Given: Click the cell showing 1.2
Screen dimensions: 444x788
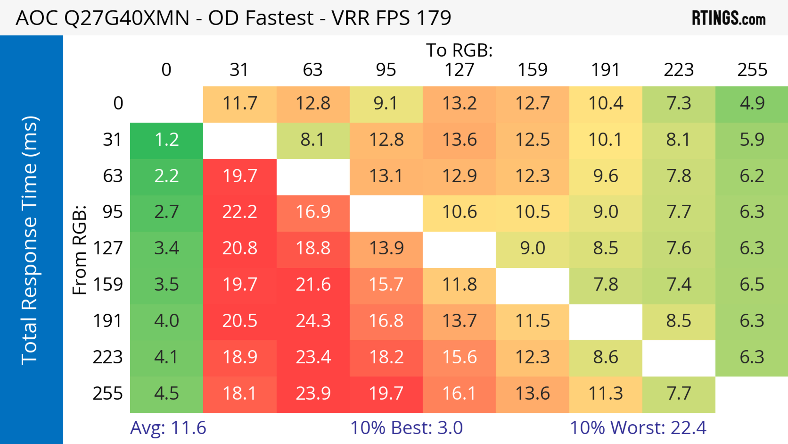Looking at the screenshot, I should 166,140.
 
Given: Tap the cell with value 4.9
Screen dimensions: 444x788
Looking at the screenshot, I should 752,104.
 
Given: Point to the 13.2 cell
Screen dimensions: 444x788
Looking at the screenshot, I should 459,104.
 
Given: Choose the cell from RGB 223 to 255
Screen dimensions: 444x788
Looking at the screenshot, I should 752,357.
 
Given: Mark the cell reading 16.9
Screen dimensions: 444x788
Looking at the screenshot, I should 313,212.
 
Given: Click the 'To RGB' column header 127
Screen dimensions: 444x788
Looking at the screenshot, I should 459,70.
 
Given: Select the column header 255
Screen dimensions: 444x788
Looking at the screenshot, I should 752,70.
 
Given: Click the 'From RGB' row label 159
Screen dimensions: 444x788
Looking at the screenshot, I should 108,285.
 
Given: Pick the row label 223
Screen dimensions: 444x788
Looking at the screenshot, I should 108,357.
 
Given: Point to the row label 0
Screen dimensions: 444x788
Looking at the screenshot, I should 118,104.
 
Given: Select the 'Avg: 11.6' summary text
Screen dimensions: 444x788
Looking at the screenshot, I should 168,428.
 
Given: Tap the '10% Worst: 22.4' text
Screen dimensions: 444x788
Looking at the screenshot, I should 638,428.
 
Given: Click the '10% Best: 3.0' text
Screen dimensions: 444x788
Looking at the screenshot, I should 406,428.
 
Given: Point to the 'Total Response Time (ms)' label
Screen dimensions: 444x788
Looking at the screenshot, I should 30,240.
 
